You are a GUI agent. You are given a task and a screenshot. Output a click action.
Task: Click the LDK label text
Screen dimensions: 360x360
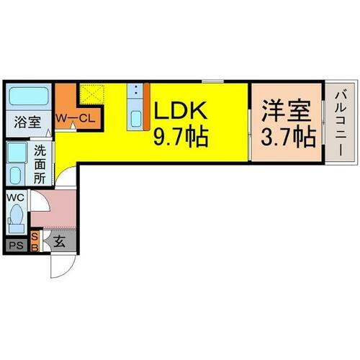point(180,111)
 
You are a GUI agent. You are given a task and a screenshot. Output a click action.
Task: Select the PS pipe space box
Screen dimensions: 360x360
point(16,246)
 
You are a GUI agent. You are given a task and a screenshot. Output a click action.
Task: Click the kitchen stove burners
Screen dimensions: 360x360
point(135,91)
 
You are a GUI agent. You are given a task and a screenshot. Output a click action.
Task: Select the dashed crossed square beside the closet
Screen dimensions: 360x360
point(92,95)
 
